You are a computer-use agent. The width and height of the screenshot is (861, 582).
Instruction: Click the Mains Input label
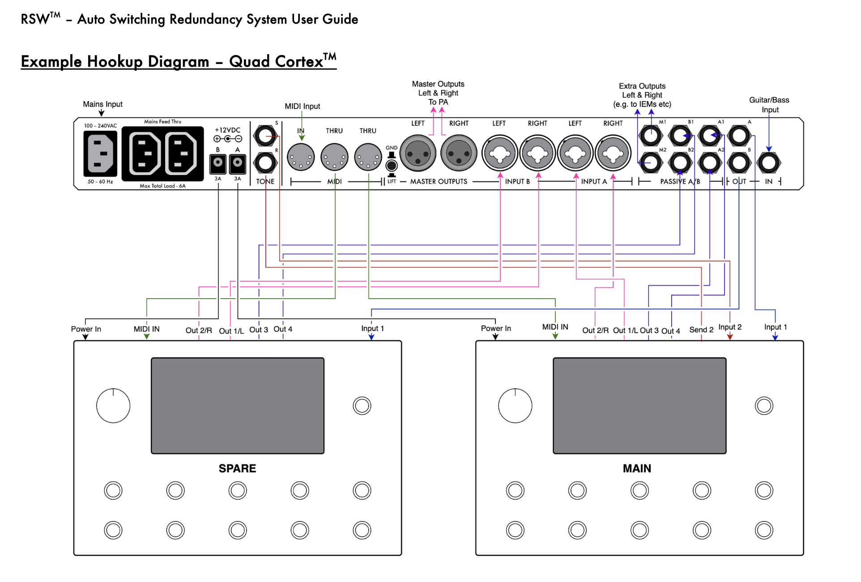coord(102,104)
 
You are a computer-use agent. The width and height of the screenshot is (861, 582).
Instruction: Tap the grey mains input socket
coord(100,153)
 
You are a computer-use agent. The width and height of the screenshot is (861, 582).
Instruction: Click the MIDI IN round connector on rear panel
coord(301,157)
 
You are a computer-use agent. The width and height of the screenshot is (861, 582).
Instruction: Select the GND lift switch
coord(392,165)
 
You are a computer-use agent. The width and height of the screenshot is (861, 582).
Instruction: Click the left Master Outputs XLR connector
coord(418,154)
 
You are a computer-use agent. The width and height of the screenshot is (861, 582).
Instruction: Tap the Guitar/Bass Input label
coord(769,105)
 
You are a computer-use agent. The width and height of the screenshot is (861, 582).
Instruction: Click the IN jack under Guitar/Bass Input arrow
coord(769,163)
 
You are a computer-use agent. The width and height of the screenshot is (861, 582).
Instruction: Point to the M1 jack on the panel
coord(650,135)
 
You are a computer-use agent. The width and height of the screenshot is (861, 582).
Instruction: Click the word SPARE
coord(237,468)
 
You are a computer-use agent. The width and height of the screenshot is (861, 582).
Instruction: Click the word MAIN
coord(637,468)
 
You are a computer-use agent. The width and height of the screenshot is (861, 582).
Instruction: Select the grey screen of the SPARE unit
coord(237,405)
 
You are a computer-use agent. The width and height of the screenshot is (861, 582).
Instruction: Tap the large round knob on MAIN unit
coord(515,406)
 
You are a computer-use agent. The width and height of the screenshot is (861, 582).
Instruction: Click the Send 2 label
coord(701,330)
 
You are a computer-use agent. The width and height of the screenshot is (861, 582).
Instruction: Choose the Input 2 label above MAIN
coord(730,327)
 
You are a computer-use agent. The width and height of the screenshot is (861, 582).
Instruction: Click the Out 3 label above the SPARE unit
coord(259,330)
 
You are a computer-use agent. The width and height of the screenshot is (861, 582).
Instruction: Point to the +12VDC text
coord(227,130)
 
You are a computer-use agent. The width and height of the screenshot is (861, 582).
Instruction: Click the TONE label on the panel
coord(265,181)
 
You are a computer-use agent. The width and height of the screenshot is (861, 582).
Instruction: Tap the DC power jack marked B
coord(218,163)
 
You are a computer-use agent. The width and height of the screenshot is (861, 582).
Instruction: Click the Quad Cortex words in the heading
coord(276,61)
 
